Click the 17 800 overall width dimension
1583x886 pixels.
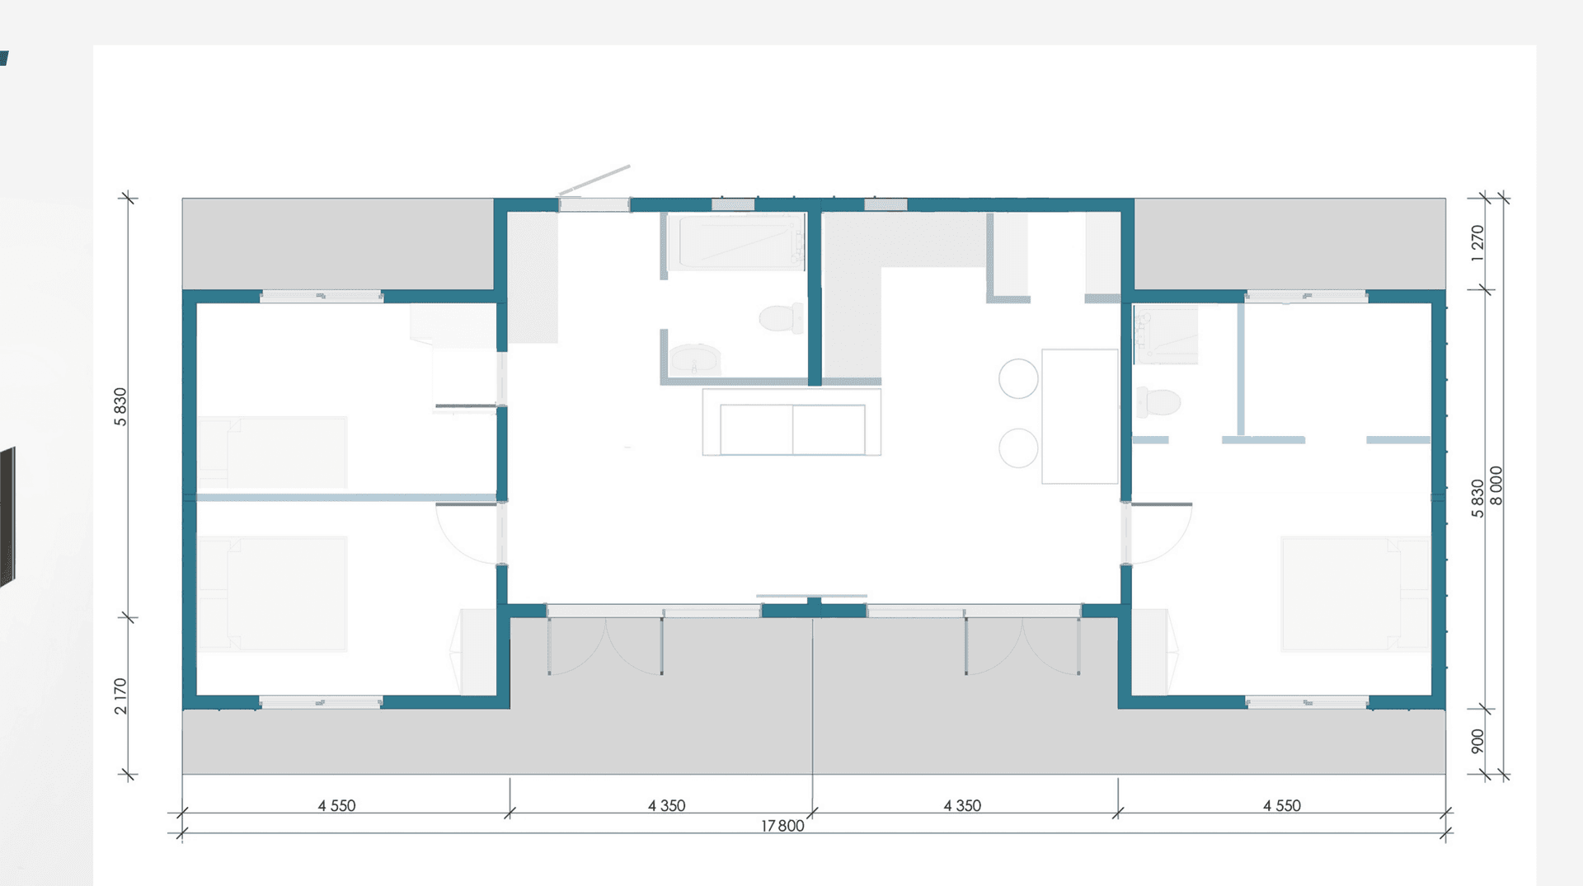point(782,825)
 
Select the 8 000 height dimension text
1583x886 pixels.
point(1496,485)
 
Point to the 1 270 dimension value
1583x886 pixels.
point(1477,243)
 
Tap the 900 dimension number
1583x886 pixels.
point(1477,740)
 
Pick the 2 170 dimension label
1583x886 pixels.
point(121,696)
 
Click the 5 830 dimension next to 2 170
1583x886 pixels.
point(121,407)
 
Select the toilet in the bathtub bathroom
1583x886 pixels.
point(780,317)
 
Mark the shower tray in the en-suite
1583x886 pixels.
point(1166,335)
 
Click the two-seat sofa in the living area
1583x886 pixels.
point(791,422)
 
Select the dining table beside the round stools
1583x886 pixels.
point(1080,416)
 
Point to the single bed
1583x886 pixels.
point(272,452)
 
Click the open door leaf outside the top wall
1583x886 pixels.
point(594,180)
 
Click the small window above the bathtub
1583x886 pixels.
point(733,204)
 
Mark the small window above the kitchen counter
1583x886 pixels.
point(885,204)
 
